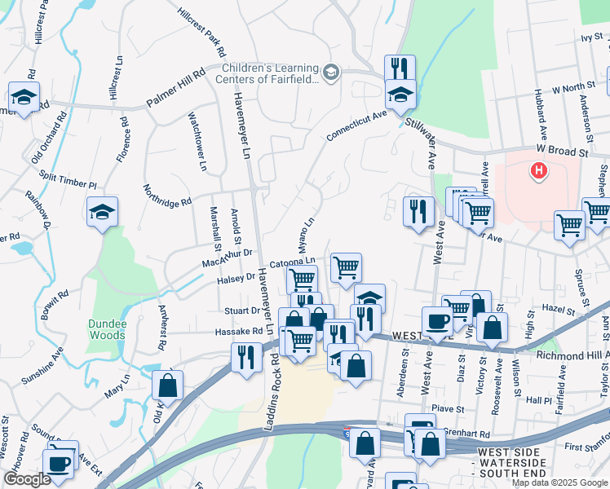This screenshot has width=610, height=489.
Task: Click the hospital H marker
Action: click(x=538, y=171)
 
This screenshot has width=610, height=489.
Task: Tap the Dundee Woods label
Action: click(x=108, y=329)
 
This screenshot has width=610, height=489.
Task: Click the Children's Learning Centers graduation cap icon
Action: click(x=330, y=73)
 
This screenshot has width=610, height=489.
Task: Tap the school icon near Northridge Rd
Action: click(x=102, y=212)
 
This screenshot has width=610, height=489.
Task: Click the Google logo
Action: click(x=27, y=479)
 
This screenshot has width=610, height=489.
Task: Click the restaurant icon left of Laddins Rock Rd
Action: click(x=244, y=356)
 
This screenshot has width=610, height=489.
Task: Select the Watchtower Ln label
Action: click(x=198, y=141)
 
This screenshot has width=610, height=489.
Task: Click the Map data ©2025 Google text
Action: click(x=559, y=482)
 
